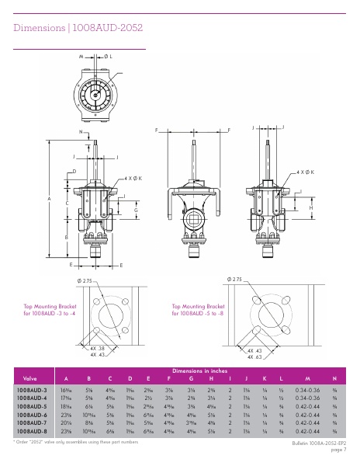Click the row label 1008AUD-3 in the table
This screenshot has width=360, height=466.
point(32,389)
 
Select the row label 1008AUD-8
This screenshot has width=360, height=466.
point(32,429)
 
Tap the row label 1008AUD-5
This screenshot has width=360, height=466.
point(32,405)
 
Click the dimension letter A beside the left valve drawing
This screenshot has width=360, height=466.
point(50,200)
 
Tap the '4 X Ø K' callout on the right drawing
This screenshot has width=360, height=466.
point(305,169)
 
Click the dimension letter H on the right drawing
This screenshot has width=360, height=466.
point(310,208)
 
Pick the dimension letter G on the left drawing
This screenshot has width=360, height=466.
point(136,210)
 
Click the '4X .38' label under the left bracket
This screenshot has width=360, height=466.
point(97,349)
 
